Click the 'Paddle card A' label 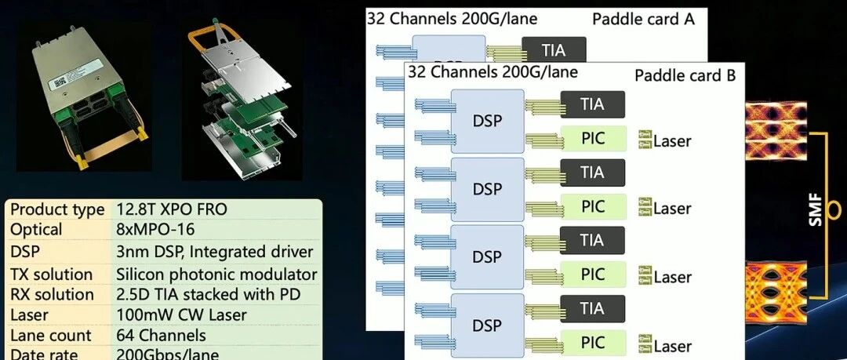[643, 20]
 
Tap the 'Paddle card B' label [685, 75]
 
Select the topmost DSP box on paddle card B [487, 121]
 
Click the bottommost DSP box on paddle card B [487, 325]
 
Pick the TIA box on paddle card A [554, 49]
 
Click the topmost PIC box [593, 138]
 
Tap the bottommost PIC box [593, 343]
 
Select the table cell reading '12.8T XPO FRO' [172, 209]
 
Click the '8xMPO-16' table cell [155, 230]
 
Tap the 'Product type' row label [57, 209]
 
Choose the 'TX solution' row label [52, 274]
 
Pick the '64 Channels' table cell [161, 335]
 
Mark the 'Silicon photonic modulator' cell [216, 274]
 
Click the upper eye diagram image [776, 130]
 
